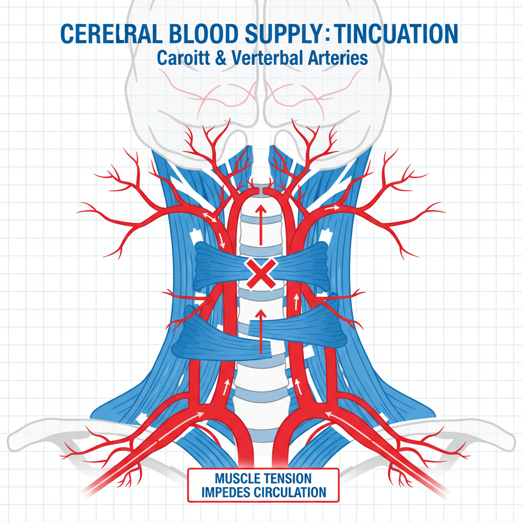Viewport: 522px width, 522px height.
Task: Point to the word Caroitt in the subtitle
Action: [180, 58]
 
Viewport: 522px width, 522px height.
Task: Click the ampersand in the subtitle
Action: [219, 58]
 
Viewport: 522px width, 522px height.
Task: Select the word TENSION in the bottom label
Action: [289, 479]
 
